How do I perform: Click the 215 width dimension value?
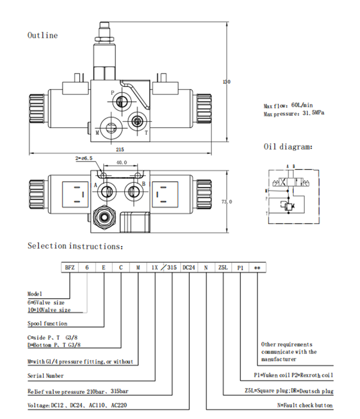(120, 150)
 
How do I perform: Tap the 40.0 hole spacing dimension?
(121, 163)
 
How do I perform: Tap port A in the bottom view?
(106, 190)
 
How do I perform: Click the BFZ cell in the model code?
(70, 268)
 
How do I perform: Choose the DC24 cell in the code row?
(189, 268)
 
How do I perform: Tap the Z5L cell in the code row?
(223, 268)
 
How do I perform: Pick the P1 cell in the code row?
(240, 268)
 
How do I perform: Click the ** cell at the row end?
(257, 268)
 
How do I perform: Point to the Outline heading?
(43, 36)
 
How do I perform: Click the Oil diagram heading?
(288, 147)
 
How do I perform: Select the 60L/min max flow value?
(302, 105)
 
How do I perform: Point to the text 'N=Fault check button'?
(305, 406)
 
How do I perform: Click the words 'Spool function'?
(47, 323)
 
